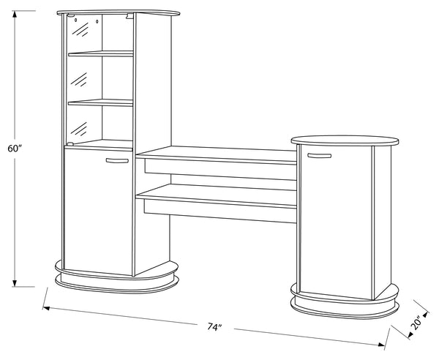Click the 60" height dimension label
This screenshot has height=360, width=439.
tap(15, 149)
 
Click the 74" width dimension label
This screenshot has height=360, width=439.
tap(214, 326)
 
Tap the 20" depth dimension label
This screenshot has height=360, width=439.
tap(416, 323)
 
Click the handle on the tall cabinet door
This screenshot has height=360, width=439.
tap(117, 160)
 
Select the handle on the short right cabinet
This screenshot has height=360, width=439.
tap(319, 155)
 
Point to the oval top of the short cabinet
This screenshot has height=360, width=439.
tap(345, 140)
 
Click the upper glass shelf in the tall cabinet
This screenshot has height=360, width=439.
tap(101, 53)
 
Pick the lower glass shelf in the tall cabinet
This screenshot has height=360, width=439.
tap(101, 102)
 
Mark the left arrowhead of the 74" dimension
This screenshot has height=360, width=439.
tap(47, 308)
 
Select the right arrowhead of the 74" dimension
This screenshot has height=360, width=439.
tap(381, 344)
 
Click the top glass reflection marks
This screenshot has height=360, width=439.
tap(80, 29)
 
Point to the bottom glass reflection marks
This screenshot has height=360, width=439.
tap(79, 129)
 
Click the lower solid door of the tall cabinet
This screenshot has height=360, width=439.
tap(98, 211)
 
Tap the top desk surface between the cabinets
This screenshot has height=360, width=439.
tap(216, 154)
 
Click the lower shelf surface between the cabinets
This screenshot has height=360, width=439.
tap(216, 195)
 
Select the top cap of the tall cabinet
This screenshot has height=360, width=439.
tap(118, 12)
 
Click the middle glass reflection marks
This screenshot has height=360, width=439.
tap(79, 80)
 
